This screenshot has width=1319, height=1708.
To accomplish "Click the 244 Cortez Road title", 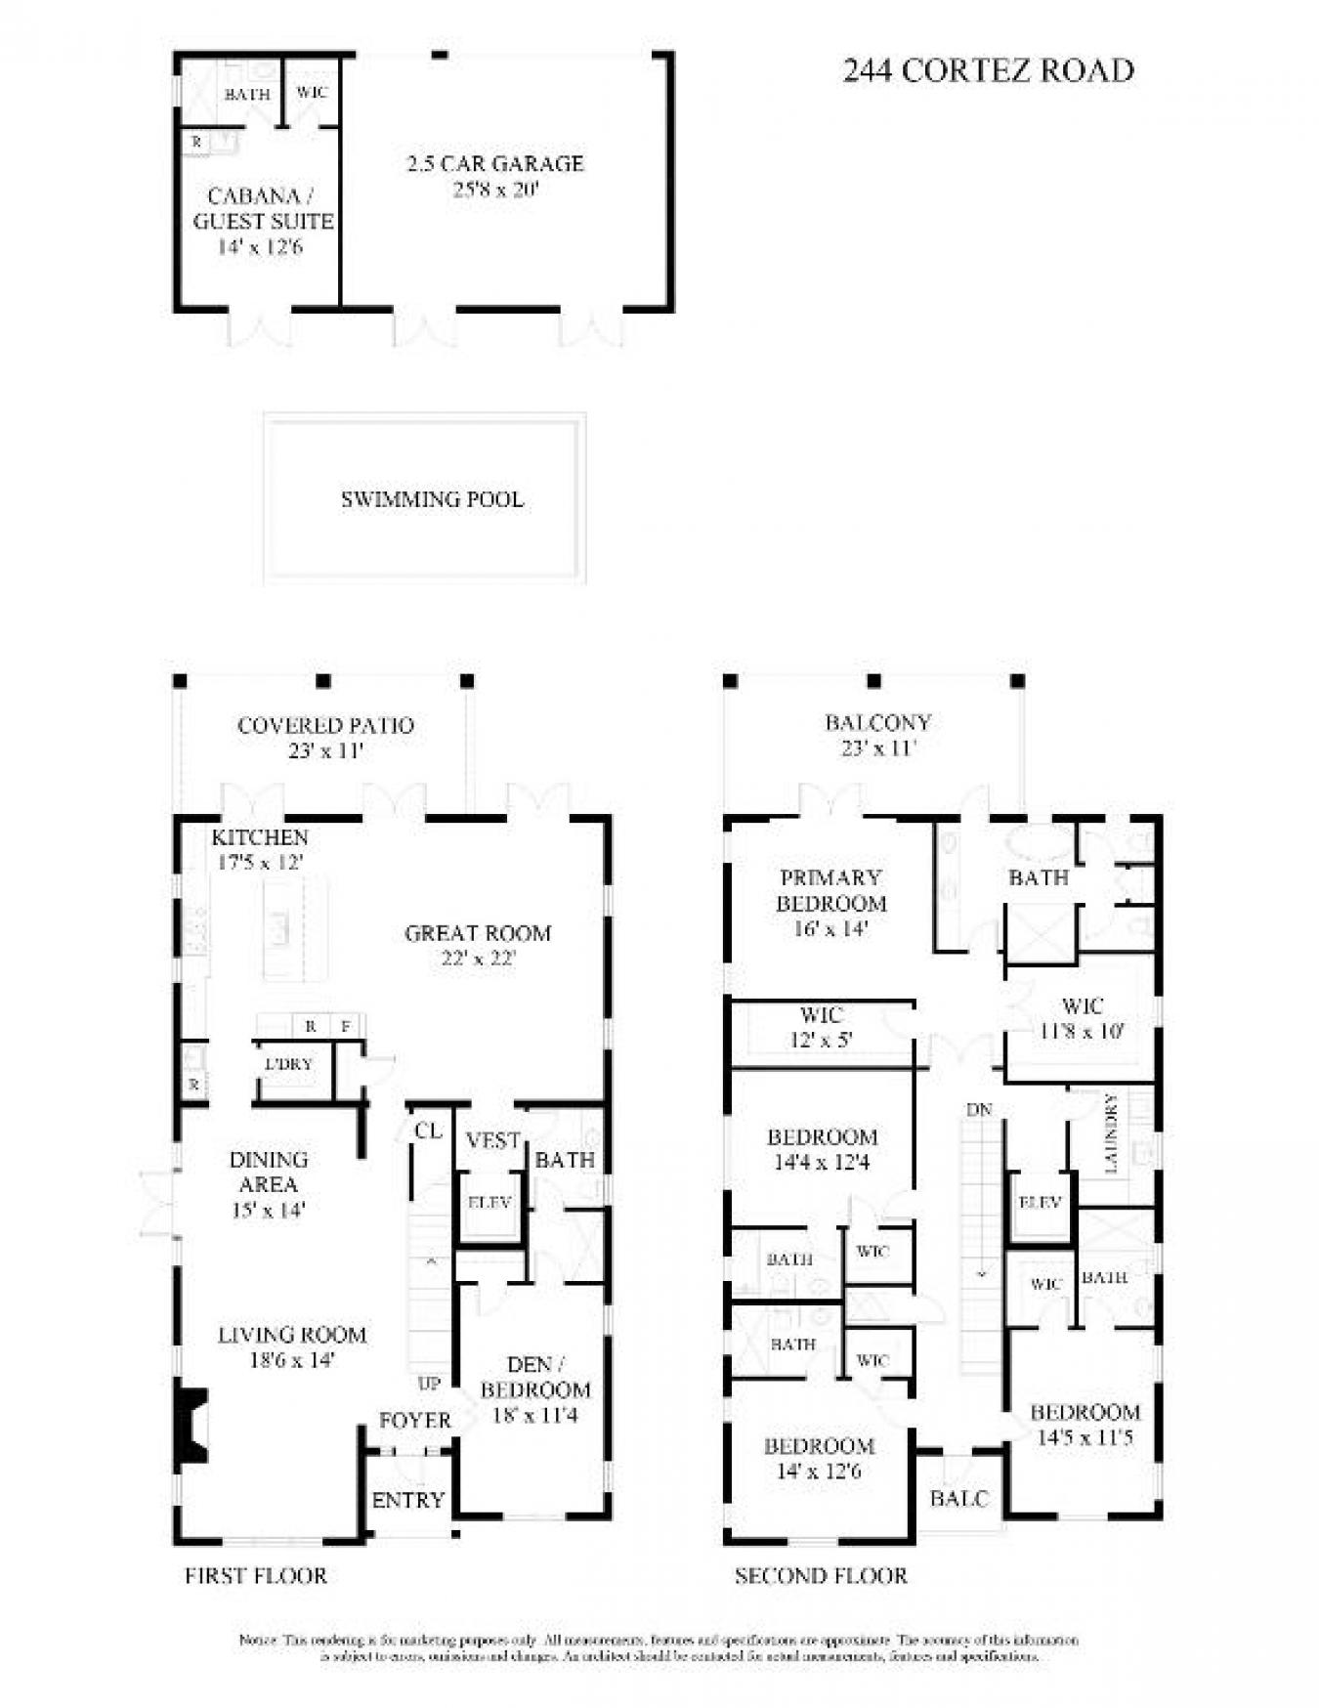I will pos(988,70).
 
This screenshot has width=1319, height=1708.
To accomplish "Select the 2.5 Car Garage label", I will pos(495,163).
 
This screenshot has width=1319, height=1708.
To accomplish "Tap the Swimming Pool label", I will pos(432,499).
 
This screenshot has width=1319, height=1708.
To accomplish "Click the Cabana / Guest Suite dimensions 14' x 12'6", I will pos(260,247).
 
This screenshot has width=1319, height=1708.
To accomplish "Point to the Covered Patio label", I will pos(325,725).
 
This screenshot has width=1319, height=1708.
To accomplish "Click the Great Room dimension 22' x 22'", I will pos(478,959).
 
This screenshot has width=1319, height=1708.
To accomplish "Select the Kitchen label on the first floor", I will pos(260,837).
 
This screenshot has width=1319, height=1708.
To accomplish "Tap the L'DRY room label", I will pos(288,1064).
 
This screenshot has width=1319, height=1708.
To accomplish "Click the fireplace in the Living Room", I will pos(191,1426).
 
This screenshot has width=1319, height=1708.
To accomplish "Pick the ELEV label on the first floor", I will pos(489,1203).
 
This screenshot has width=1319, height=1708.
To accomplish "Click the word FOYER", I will pos(415,1420).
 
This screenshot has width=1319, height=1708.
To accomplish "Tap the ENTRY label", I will pos(408,1500).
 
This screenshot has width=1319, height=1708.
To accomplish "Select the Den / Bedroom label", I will pos(535,1377).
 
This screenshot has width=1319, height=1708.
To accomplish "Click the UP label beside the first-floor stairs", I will pos(429,1384).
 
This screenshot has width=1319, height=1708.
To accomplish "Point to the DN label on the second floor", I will pos(979,1110).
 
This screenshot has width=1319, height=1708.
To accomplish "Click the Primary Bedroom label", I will pos(830,890).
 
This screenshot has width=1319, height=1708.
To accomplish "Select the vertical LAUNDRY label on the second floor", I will pos(1111,1133).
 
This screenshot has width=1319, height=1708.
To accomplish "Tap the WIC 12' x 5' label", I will pos(822,1027).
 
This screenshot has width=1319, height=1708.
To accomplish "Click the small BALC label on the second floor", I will pos(958,1498).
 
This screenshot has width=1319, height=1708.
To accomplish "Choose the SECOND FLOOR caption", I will pos(821,1575).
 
